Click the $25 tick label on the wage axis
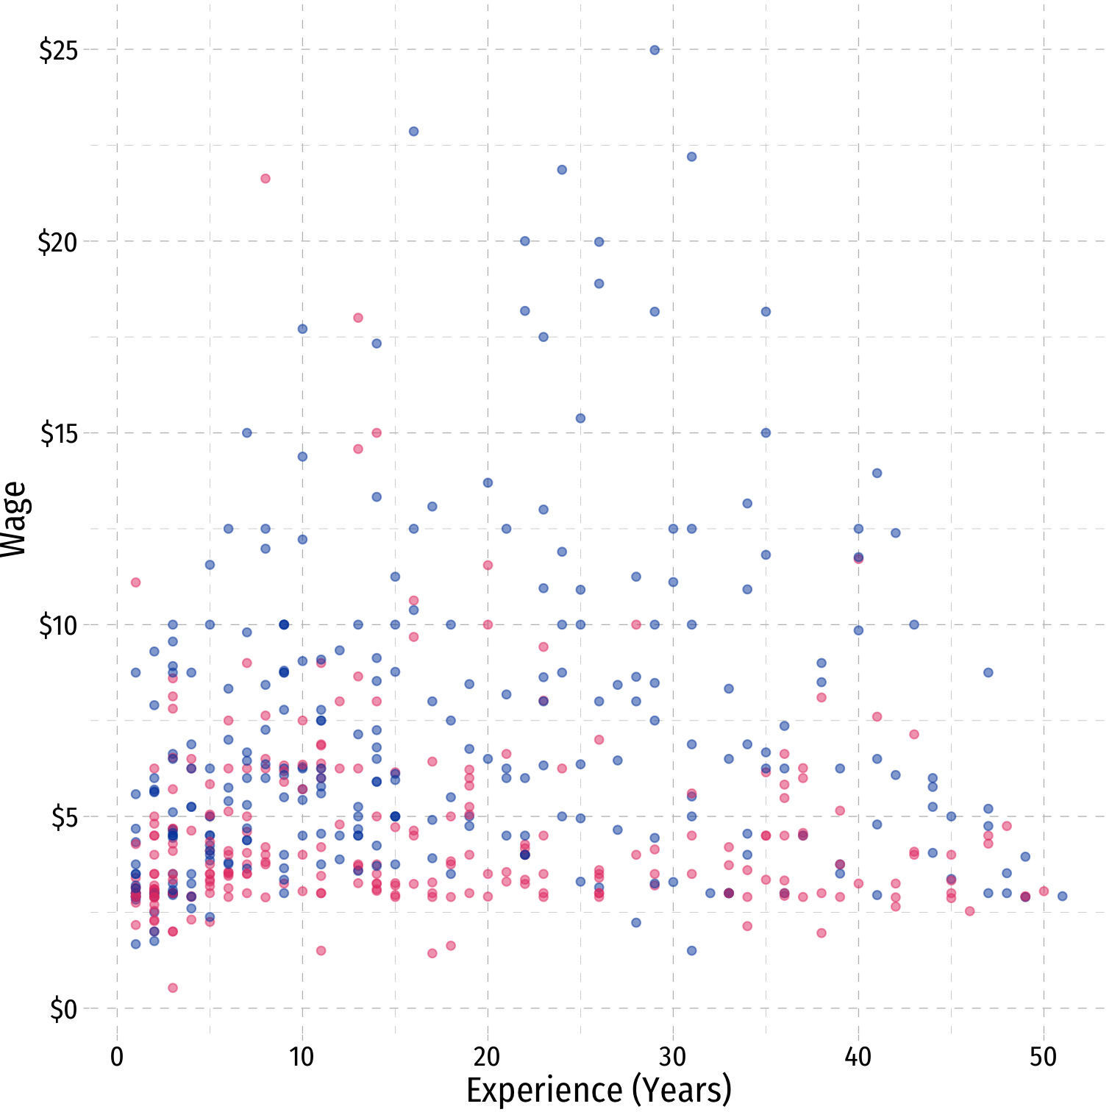tap(58, 51)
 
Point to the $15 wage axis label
tap(58, 434)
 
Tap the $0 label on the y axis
tap(63, 1010)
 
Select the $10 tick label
tap(58, 626)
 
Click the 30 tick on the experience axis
tap(672, 1058)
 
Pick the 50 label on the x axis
tap(1043, 1058)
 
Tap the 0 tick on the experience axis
tap(117, 1058)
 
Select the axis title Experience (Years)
tap(599, 1090)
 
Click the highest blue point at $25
tap(655, 50)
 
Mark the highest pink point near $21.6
tap(265, 179)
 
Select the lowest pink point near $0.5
tap(173, 988)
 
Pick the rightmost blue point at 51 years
tap(1062, 896)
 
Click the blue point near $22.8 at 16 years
tap(413, 132)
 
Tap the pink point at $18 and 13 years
tap(358, 318)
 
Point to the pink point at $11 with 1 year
tap(135, 582)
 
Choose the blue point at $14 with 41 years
tap(877, 473)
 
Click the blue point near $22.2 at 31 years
tap(691, 157)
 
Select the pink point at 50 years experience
tap(1044, 891)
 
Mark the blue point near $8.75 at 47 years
tap(988, 672)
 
